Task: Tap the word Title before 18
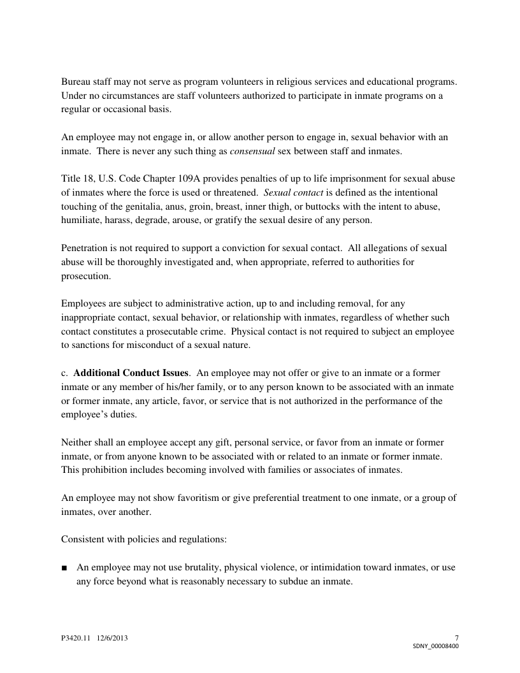click(x=71, y=178)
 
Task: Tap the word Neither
click(x=77, y=442)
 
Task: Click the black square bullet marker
click(x=64, y=567)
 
